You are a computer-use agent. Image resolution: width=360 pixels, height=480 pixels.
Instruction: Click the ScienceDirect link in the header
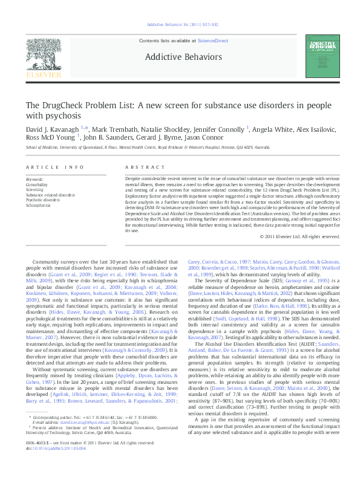click(x=212, y=39)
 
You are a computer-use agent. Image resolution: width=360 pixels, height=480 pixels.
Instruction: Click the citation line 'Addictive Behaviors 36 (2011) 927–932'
click(x=179, y=24)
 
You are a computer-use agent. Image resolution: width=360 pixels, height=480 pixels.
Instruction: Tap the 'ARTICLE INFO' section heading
click(x=45, y=166)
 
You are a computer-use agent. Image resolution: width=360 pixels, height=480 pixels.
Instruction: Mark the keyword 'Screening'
click(x=34, y=189)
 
